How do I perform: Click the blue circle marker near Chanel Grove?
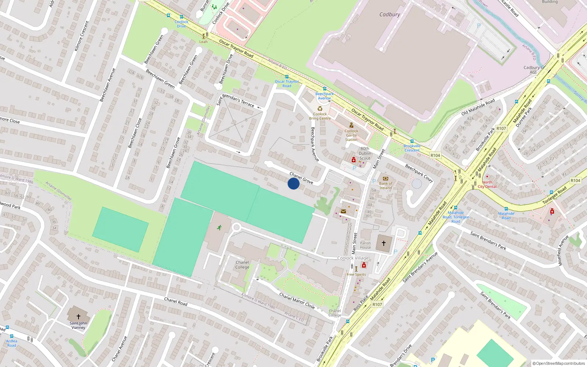point(293,183)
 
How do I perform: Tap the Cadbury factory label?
point(390,15)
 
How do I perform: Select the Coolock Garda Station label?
point(351,135)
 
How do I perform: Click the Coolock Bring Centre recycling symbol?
point(320,109)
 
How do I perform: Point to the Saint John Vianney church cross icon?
point(78,316)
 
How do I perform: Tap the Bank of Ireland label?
point(386,186)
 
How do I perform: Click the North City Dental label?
point(487,184)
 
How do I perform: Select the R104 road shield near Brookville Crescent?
point(435,156)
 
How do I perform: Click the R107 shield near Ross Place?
point(377,305)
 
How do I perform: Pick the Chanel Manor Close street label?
point(297,301)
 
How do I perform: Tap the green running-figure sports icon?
point(219,228)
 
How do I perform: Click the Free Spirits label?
point(356,275)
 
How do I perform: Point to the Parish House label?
point(365,245)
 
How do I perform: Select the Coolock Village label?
point(353,258)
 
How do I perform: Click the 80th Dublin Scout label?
point(365,153)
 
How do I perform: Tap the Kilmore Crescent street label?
point(82,36)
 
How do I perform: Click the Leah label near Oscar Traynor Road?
point(203,42)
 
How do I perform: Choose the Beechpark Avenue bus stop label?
point(324,96)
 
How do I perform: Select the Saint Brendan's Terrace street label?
point(235,100)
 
